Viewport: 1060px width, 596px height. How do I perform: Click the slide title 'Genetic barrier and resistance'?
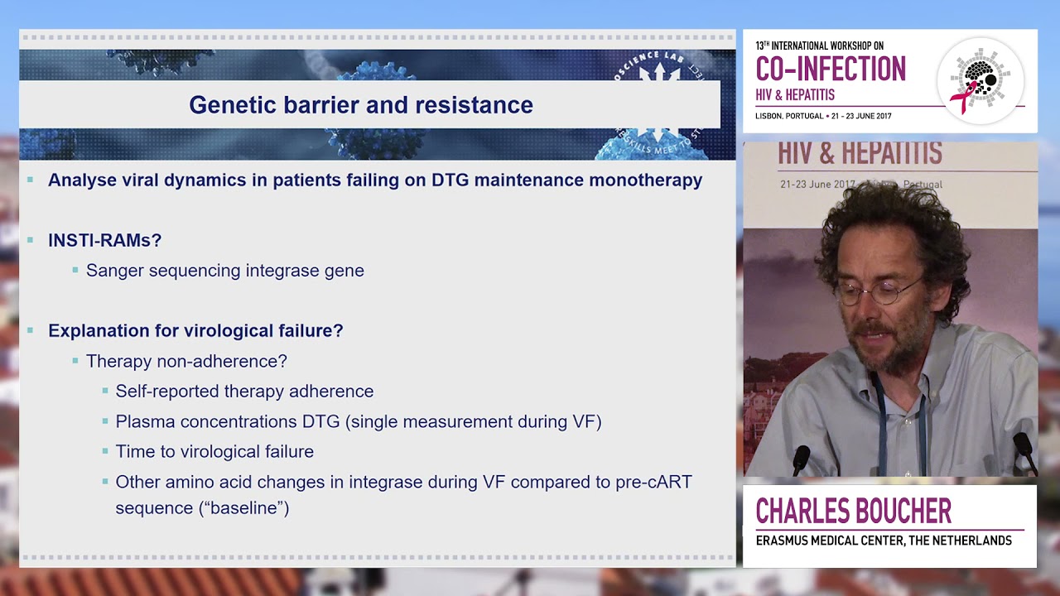(360, 105)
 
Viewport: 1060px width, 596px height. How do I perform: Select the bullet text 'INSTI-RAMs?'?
(104, 241)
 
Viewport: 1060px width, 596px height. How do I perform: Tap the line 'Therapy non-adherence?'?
(186, 361)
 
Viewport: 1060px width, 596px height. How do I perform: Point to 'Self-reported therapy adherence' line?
(244, 392)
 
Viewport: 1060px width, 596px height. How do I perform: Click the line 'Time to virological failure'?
(214, 452)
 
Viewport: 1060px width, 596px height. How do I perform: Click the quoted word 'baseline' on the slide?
(244, 508)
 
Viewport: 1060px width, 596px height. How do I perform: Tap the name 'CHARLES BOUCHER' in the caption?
(853, 512)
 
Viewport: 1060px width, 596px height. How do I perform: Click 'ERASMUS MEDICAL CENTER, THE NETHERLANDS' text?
(884, 541)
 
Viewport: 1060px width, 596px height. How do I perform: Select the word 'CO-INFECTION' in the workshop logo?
(831, 69)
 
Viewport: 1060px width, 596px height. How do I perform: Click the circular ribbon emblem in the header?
(980, 81)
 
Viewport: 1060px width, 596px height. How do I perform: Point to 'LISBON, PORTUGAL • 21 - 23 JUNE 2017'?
(823, 116)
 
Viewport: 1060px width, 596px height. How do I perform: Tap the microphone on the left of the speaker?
(801, 459)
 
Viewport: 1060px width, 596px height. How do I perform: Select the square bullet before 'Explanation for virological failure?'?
(31, 331)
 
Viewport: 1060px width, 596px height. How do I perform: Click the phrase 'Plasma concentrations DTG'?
(228, 422)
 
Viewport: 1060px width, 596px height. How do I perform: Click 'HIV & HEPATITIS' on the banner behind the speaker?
(859, 154)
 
